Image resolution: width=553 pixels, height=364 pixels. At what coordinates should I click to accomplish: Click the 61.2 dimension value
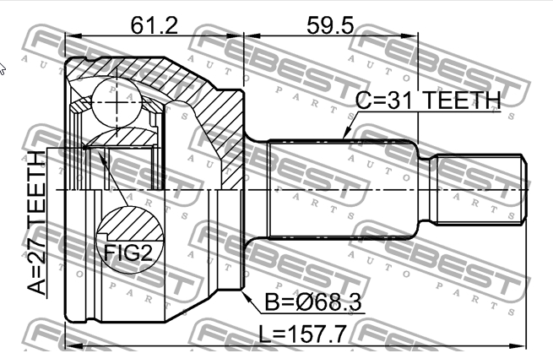click(155, 24)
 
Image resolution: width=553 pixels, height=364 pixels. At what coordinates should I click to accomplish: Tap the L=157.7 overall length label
click(301, 335)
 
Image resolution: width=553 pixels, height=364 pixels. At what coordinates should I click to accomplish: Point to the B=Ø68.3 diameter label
click(310, 302)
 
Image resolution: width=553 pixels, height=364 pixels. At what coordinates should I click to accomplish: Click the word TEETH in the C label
click(460, 101)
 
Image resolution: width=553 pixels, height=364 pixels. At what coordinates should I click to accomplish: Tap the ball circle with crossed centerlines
click(113, 100)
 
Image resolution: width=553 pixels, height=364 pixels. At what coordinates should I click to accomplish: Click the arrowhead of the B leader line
click(241, 293)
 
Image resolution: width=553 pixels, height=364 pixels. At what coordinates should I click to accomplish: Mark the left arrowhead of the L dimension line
click(70, 345)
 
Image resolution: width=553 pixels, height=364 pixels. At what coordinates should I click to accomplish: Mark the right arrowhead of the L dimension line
click(524, 345)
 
